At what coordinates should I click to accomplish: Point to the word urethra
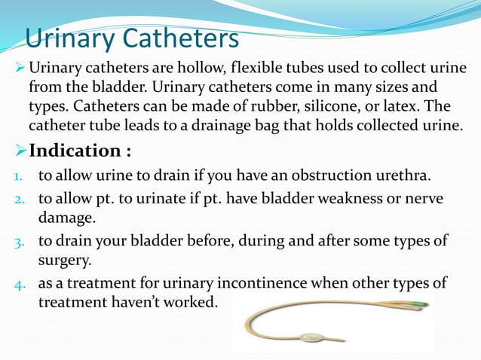coord(401,177)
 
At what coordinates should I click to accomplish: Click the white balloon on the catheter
coord(311,337)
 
